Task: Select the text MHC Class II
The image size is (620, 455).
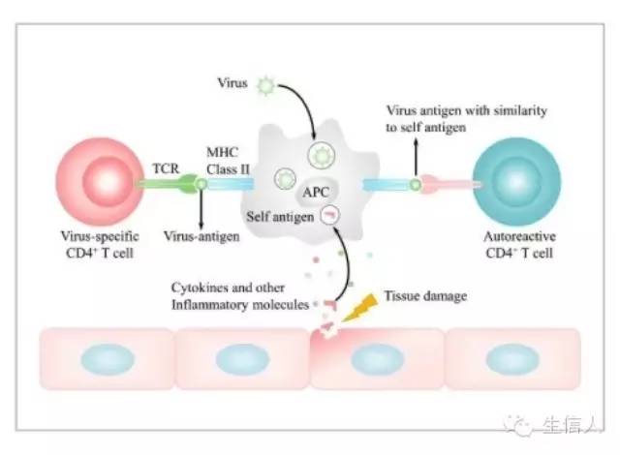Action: point(230,161)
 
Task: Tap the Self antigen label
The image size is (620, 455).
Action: point(280,217)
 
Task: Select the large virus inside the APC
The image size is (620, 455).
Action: point(321,155)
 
